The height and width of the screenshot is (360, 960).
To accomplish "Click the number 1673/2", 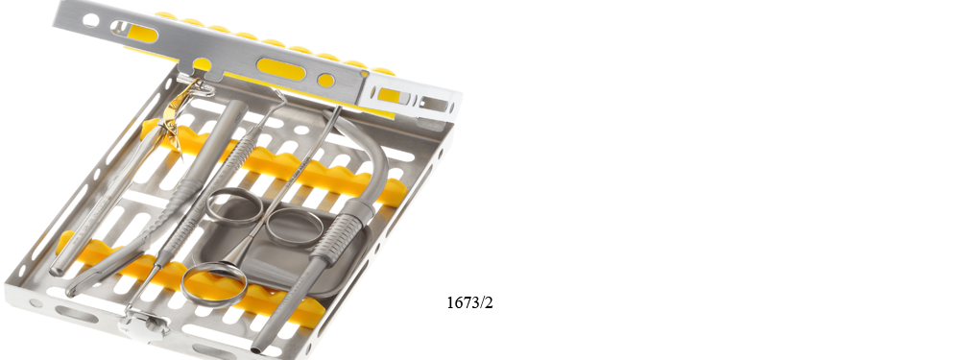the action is click(x=469, y=302).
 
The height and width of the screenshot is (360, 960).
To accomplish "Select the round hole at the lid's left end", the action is click(x=90, y=21).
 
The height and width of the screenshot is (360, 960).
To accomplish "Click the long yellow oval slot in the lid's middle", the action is click(x=281, y=69).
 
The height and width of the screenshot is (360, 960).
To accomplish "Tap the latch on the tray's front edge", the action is click(x=145, y=324).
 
